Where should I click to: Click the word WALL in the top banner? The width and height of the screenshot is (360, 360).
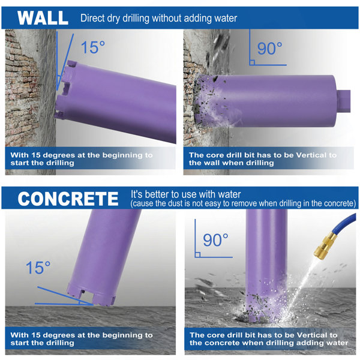(x=43, y=18)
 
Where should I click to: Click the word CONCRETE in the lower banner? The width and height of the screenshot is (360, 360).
(x=68, y=199)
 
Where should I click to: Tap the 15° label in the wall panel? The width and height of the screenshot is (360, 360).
(x=93, y=47)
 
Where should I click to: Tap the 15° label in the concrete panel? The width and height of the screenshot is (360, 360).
(x=38, y=268)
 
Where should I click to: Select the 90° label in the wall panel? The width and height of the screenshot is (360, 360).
(x=269, y=49)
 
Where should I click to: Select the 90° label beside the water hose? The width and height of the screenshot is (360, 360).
(x=215, y=240)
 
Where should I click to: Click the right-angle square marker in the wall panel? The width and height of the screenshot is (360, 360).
(x=252, y=62)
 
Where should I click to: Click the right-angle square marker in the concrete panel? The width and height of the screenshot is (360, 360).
(x=197, y=254)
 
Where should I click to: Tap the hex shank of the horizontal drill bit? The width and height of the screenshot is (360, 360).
(x=343, y=101)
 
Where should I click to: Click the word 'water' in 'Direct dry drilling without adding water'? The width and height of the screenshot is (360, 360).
(x=226, y=18)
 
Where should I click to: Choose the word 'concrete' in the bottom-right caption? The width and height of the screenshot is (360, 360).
(x=221, y=343)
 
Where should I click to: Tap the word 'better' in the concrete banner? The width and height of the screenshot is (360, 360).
(x=159, y=194)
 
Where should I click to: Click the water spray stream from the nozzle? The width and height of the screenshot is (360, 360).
(x=302, y=284)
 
